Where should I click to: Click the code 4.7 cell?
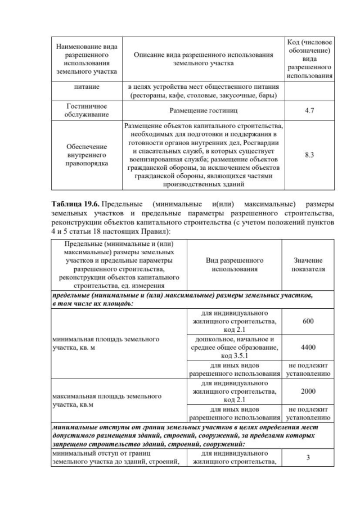309,111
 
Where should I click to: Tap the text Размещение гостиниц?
204,111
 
